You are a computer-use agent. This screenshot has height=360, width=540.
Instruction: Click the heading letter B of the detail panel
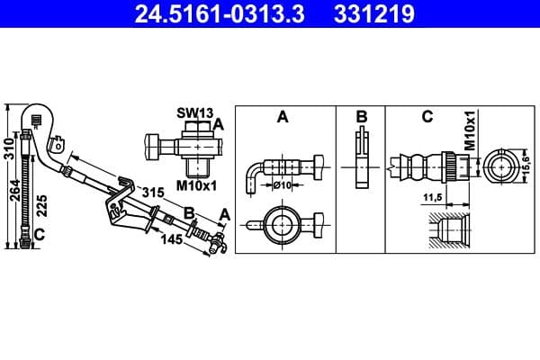point(361,117)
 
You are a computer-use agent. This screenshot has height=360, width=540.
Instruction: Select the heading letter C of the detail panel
point(427,117)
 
